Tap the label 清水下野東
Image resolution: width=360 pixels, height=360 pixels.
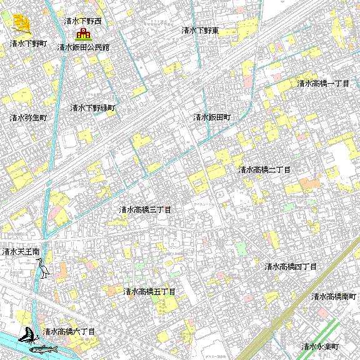199,30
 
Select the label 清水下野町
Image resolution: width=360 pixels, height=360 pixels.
29,44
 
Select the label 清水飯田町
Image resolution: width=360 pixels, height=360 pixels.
212,117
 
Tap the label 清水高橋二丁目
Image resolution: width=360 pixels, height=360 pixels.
264,169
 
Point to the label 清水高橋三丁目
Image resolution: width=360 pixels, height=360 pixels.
145,209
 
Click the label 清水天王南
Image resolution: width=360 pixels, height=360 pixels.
21,252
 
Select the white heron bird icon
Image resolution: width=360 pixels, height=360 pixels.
44,268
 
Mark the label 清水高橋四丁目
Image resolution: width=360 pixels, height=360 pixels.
291,267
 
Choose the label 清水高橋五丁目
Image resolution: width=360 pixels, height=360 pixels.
149,291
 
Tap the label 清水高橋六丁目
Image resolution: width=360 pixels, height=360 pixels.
69,331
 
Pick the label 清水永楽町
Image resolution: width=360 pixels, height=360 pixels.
319,346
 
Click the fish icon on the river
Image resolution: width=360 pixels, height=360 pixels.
44,347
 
